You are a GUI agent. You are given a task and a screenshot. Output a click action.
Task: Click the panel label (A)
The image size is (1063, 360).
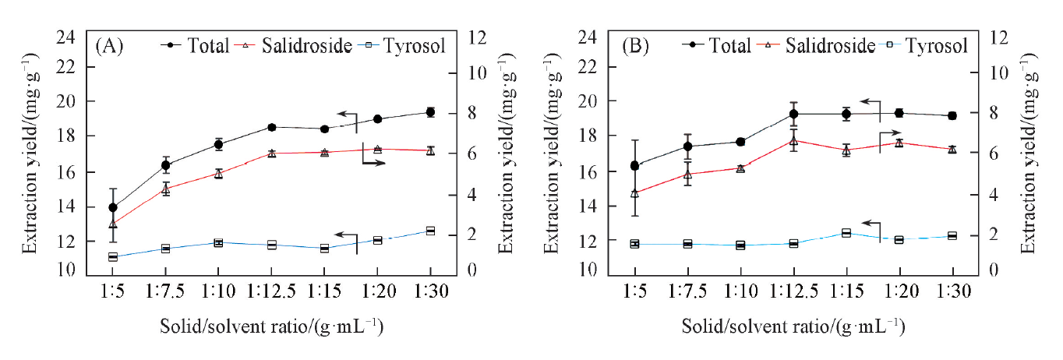109,45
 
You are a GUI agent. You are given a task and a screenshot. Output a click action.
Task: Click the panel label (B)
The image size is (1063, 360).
636,45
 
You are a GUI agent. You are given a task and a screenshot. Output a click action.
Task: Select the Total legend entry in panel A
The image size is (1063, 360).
196,45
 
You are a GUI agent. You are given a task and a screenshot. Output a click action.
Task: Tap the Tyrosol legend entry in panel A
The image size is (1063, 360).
405,45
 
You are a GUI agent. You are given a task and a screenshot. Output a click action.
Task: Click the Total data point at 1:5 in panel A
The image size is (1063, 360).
113,207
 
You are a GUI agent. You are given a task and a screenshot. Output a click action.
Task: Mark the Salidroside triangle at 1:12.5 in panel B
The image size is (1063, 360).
793,141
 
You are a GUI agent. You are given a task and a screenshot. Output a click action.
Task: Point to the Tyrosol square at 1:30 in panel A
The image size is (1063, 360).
430,231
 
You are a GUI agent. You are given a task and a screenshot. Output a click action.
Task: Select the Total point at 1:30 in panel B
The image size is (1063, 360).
952,115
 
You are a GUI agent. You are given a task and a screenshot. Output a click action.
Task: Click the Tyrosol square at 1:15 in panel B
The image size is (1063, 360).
846,233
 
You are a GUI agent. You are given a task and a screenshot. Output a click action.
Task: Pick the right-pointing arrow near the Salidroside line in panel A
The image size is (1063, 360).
374,162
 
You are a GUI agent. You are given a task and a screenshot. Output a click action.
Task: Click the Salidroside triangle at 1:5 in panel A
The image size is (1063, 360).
113,224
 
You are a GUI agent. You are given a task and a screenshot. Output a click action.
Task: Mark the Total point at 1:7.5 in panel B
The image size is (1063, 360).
687,146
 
